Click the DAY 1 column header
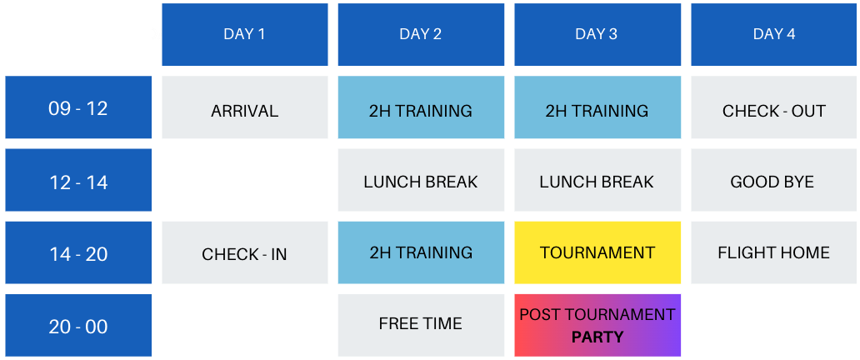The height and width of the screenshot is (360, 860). pyautogui.click(x=245, y=34)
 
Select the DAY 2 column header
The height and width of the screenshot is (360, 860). pyautogui.click(x=421, y=34)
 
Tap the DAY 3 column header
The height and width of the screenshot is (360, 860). pyautogui.click(x=597, y=34)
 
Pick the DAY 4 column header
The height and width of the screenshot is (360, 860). pyautogui.click(x=774, y=34)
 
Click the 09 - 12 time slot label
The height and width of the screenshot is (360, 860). pyautogui.click(x=78, y=107)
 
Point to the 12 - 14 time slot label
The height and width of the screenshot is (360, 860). pyautogui.click(x=78, y=180)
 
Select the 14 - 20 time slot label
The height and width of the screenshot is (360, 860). pyautogui.click(x=78, y=253)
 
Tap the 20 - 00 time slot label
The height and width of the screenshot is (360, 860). pyautogui.click(x=78, y=326)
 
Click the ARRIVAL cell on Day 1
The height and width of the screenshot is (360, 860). pyautogui.click(x=245, y=107)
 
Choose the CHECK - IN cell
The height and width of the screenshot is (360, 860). pyautogui.click(x=245, y=253)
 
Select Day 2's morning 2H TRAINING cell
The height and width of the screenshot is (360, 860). pyautogui.click(x=421, y=107)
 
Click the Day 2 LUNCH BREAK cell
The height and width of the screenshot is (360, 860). pyautogui.click(x=421, y=180)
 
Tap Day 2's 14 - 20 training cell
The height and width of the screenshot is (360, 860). pyautogui.click(x=421, y=253)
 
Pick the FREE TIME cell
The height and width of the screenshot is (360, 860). pyautogui.click(x=421, y=326)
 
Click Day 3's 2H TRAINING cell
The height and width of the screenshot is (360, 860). pyautogui.click(x=597, y=107)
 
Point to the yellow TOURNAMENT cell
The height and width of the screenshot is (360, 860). pyautogui.click(x=597, y=253)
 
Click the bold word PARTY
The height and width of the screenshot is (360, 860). pyautogui.click(x=597, y=337)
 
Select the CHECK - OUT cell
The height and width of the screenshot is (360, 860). pyautogui.click(x=774, y=107)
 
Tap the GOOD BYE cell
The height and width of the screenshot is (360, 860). pyautogui.click(x=774, y=180)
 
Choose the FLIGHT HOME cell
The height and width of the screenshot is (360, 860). pyautogui.click(x=774, y=253)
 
